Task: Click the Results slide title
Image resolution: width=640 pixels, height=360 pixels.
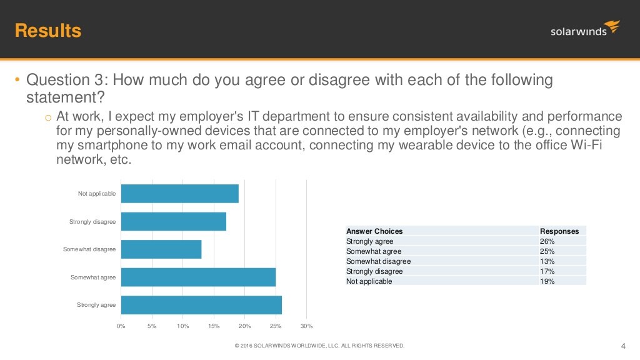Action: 48,31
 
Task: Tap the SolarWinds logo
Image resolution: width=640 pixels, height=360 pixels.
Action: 585,29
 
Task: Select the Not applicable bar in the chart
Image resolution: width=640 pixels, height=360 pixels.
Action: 180,194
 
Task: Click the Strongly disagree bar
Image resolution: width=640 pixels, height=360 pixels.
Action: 174,221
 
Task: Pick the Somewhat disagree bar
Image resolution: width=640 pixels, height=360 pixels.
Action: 161,249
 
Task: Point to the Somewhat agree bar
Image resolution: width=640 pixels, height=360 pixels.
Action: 198,277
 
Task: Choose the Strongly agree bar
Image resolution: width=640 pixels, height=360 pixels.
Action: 201,305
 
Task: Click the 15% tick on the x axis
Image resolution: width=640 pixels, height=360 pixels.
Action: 214,326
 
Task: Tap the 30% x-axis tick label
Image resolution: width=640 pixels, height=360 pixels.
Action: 306,326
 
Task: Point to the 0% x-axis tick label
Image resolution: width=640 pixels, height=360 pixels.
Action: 121,326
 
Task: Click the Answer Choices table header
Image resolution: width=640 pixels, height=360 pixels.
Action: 374,231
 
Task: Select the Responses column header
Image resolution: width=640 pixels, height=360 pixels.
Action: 559,231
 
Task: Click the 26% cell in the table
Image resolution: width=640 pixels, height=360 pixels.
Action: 547,241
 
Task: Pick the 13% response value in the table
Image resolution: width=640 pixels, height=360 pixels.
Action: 547,261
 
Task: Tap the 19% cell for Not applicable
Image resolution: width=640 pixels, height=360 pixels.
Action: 547,281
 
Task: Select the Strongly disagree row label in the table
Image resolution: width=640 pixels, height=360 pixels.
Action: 374,271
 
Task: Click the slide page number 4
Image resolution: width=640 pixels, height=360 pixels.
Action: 623,346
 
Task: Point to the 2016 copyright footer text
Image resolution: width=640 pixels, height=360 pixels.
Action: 319,346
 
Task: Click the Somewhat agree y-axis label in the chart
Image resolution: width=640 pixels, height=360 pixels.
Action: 93,277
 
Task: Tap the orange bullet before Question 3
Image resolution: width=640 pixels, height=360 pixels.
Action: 17,79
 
